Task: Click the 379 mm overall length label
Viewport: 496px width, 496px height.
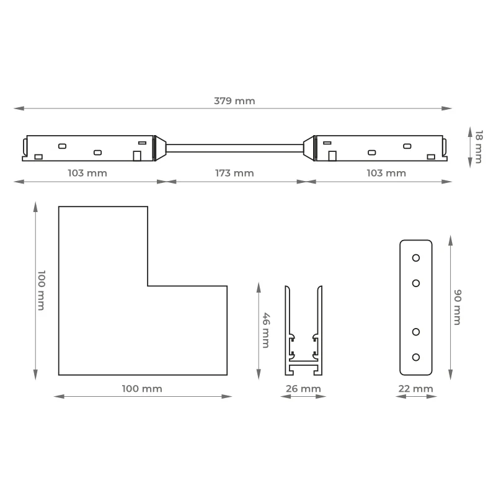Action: (x=234, y=101)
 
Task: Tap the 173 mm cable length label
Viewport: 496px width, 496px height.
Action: (x=234, y=173)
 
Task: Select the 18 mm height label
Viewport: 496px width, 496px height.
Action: (x=479, y=147)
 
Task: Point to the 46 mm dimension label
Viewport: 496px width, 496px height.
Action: (x=267, y=330)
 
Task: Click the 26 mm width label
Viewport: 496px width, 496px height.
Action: (x=303, y=389)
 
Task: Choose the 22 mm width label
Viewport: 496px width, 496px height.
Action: (x=415, y=389)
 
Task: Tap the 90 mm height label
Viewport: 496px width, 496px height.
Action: (x=458, y=307)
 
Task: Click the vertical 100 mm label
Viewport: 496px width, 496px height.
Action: (x=42, y=290)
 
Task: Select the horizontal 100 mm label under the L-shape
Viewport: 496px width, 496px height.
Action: (x=142, y=389)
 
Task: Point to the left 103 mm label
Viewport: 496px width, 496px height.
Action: (x=87, y=173)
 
